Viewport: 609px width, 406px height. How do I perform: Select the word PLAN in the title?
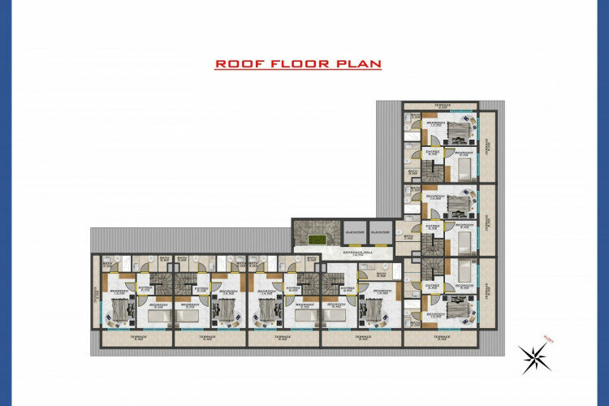361,64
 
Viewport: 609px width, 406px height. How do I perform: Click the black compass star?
533,356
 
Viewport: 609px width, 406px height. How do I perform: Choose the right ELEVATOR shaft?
380,231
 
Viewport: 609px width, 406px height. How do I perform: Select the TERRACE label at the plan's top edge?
441,105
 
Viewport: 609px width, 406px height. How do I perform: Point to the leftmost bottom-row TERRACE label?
137,338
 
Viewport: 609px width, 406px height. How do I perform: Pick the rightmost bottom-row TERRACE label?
443,338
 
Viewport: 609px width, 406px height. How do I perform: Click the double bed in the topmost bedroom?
460,128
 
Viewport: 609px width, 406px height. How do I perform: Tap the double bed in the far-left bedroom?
120,309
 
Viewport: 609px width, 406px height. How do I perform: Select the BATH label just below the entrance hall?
382,274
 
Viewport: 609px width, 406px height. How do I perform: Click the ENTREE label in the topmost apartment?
432,151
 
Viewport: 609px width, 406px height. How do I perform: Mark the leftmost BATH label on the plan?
107,263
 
